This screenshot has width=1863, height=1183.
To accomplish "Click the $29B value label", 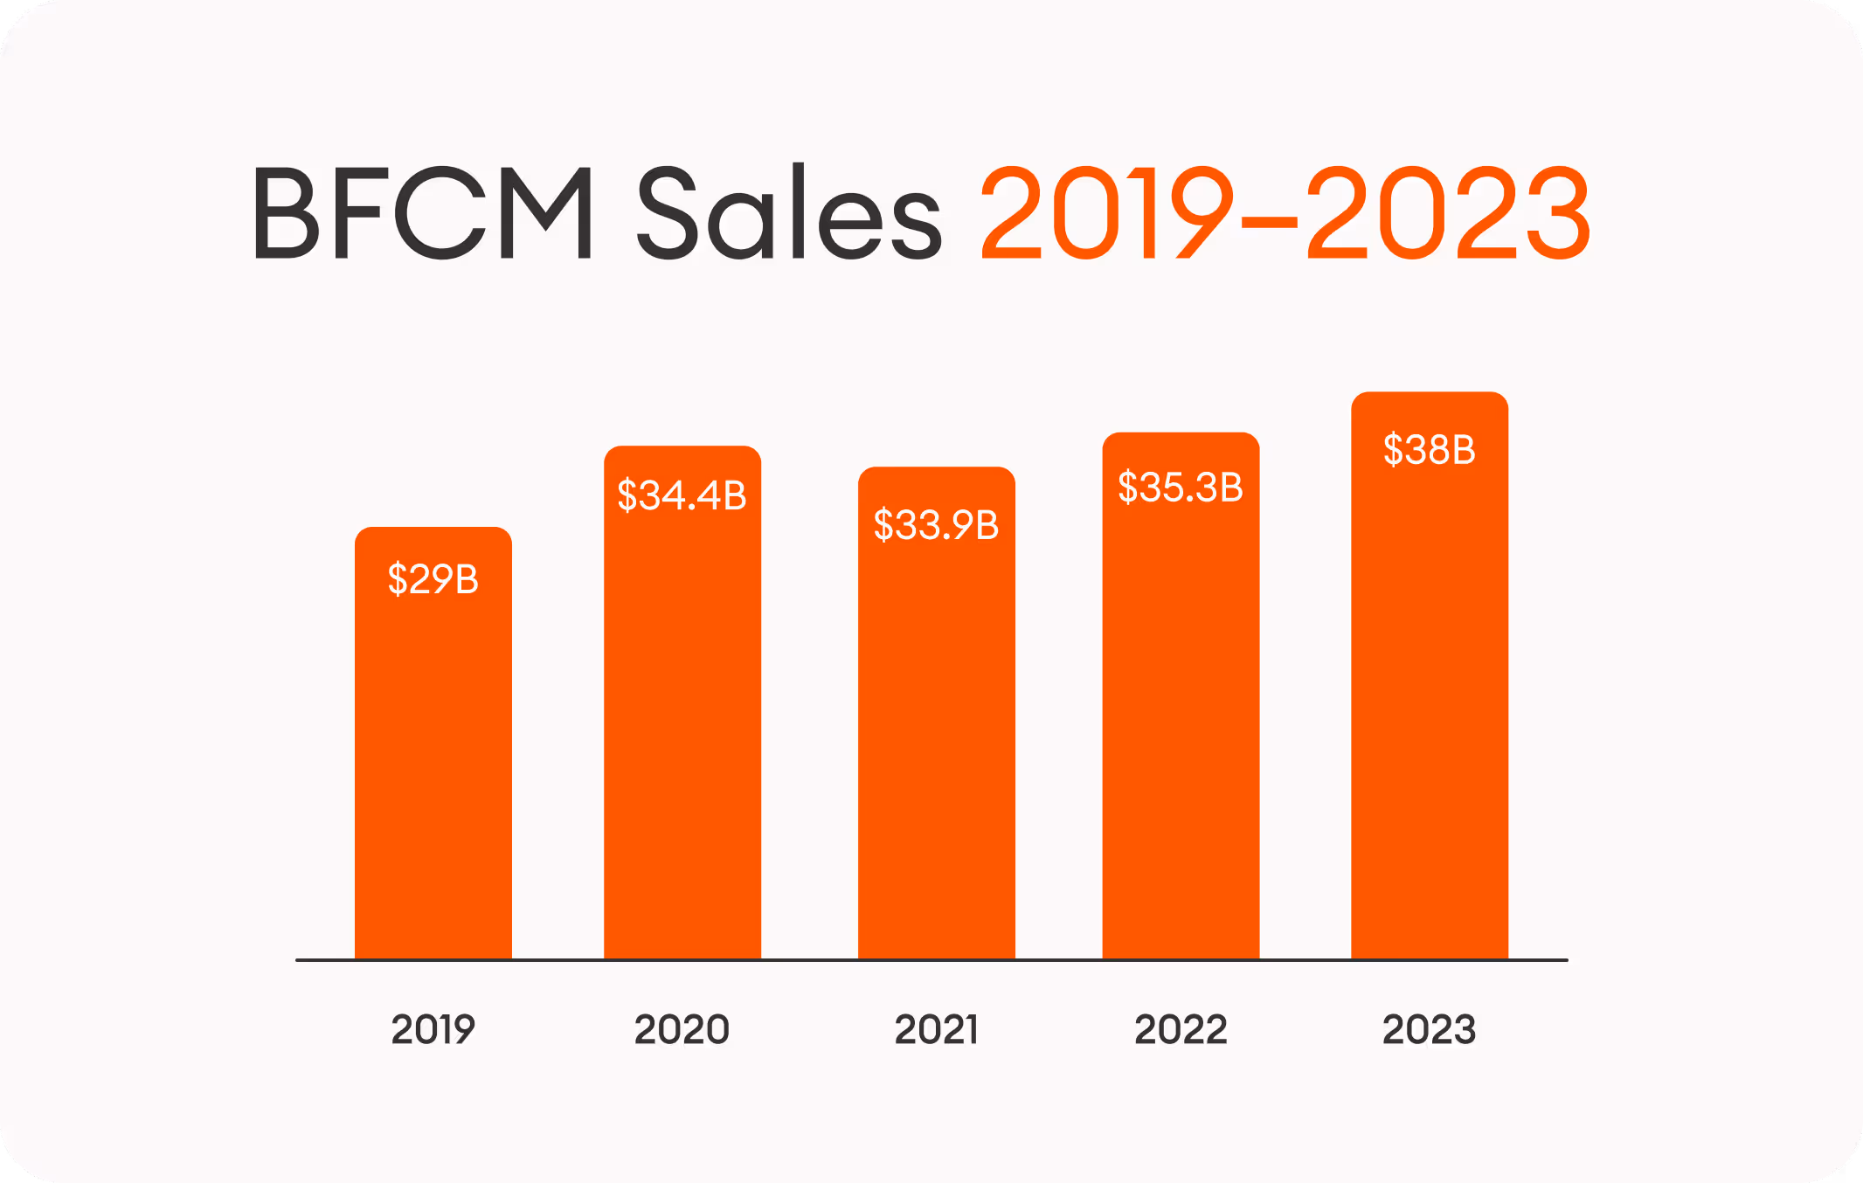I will pyautogui.click(x=433, y=579).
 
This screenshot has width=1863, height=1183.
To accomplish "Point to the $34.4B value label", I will pyautogui.click(x=682, y=495).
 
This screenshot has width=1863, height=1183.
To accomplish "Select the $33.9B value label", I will pyautogui.click(x=937, y=525).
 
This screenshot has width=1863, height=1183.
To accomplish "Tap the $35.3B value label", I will pyautogui.click(x=1181, y=488).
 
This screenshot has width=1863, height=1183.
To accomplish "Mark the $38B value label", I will pyautogui.click(x=1430, y=450).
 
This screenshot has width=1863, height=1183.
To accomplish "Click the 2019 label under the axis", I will pyautogui.click(x=433, y=1029).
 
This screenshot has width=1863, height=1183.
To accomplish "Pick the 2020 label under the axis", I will pyautogui.click(x=682, y=1029).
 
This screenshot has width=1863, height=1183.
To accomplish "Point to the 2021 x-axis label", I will pyautogui.click(x=937, y=1029).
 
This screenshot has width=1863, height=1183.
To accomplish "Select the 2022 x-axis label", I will pyautogui.click(x=1181, y=1029).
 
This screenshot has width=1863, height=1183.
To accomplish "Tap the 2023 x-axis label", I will pyautogui.click(x=1430, y=1029).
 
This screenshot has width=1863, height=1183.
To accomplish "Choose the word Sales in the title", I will pyautogui.click(x=790, y=214).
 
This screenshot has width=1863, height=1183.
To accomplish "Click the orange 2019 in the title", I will pyautogui.click(x=1106, y=214).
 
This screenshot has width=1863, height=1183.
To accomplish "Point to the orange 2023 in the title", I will pyautogui.click(x=1448, y=214).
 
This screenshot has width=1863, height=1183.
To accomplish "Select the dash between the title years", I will pyautogui.click(x=1269, y=224).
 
